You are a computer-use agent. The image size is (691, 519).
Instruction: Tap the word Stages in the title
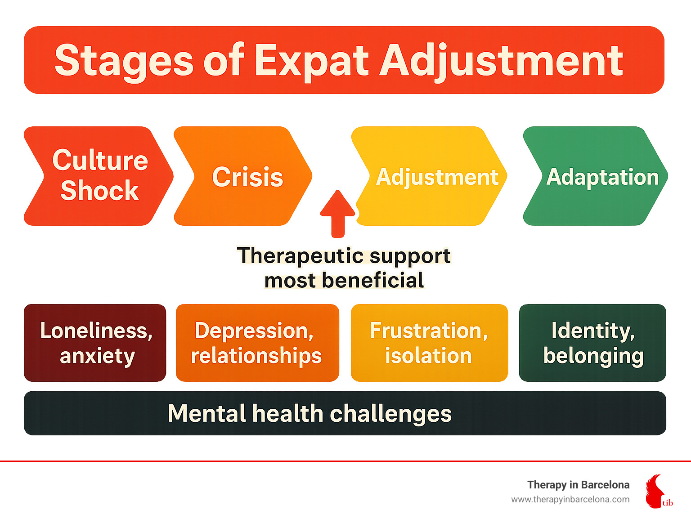tap(124, 61)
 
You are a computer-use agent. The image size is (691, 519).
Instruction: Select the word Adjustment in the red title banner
tap(501, 61)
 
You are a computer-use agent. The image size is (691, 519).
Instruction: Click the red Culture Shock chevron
tap(99, 175)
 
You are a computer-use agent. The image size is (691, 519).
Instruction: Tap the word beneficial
tap(372, 281)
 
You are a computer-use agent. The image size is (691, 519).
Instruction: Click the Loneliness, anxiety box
tap(95, 343)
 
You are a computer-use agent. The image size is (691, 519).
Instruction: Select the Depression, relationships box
tap(257, 343)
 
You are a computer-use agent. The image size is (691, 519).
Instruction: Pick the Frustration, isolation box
tap(429, 343)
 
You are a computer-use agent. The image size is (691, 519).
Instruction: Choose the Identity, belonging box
tap(592, 343)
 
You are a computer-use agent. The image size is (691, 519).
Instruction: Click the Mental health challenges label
tap(310, 413)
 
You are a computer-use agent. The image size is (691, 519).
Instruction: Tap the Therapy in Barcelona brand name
tap(578, 485)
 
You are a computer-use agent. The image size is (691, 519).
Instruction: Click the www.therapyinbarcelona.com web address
tap(570, 500)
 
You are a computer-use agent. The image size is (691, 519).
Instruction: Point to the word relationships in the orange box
tap(256, 356)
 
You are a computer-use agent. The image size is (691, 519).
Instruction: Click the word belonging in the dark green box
tap(593, 356)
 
